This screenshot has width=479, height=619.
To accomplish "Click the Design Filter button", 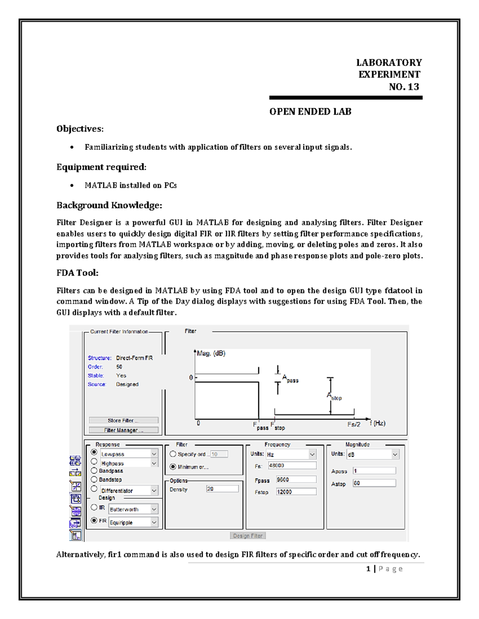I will [247, 536].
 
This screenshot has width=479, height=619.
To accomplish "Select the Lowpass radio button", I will [94, 452].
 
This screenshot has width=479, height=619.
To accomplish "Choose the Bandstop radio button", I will [94, 479].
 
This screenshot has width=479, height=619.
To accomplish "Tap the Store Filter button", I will [123, 420].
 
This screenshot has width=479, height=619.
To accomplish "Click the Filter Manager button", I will [123, 430].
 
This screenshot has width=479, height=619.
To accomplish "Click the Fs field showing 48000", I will [292, 466].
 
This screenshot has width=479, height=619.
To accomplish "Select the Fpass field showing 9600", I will [296, 479].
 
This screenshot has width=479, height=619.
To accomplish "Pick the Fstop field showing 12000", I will [296, 492].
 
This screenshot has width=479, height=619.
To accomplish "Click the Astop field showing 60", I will [374, 483].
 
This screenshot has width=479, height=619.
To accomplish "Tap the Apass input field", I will [374, 471].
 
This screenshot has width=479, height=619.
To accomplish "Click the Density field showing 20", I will [222, 489].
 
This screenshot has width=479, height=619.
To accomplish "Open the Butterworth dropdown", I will [133, 509].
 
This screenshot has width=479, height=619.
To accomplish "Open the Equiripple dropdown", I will [133, 522].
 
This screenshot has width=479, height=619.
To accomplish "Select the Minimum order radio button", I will [173, 466].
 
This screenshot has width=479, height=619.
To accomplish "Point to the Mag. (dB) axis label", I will [211, 354].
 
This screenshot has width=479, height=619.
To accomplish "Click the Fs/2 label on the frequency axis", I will [354, 424].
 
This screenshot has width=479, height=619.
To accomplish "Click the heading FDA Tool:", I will [77, 273].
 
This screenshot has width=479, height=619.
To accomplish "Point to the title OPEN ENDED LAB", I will [310, 112].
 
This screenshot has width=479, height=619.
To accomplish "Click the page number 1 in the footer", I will [368, 569].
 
